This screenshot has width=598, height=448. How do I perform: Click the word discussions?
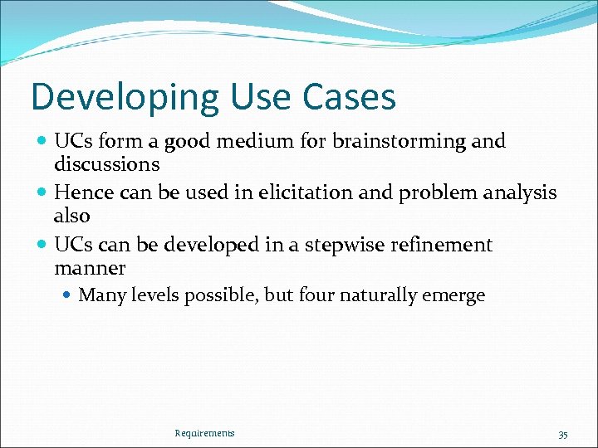[106, 164]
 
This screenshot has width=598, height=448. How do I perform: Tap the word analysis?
[520, 193]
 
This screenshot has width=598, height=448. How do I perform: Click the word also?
[72, 216]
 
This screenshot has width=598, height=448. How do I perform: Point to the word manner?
[90, 268]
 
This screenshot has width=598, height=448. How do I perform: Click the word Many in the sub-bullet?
[100, 296]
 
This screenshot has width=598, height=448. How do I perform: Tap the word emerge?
[455, 296]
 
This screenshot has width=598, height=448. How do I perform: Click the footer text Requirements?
[204, 433]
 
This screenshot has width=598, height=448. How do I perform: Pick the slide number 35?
[563, 434]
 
